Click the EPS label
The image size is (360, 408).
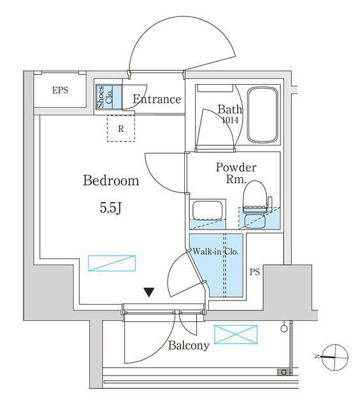point(60,91)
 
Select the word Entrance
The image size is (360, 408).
point(157,99)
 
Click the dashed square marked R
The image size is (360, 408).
point(121,128)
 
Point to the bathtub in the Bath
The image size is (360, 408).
point(263,115)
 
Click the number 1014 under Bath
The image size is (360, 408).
point(230,120)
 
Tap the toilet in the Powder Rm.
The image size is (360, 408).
point(256,205)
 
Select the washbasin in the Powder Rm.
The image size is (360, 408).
point(207,210)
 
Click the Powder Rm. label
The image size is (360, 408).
point(236,173)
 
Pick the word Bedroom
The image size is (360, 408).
point(111,180)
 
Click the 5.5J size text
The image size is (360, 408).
point(111,208)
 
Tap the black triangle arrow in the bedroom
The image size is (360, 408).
point(149,292)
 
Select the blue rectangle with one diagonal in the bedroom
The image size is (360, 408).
point(112,263)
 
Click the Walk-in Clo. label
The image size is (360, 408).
point(215,252)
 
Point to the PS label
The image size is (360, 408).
point(255,272)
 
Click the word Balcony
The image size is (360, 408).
point(189,346)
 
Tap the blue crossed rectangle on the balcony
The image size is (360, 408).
point(236,334)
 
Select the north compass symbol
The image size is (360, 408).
point(335,357)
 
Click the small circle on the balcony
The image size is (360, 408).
point(284,328)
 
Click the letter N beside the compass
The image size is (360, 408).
point(317,356)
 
